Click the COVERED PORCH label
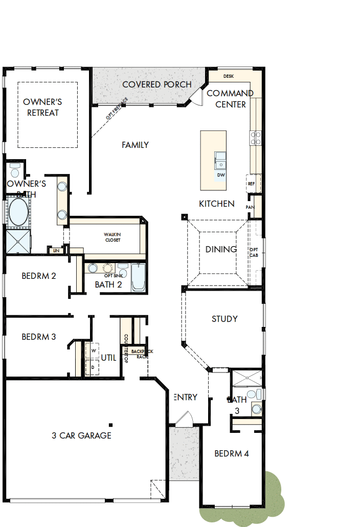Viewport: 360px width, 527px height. [x=157, y=84]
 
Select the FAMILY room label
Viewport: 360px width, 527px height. [x=135, y=145]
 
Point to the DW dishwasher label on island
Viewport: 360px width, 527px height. [x=221, y=175]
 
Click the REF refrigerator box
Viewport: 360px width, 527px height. [x=252, y=183]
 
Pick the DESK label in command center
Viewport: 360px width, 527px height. [x=229, y=76]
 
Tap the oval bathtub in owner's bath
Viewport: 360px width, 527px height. [x=18, y=212]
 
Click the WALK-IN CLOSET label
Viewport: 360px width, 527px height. [x=112, y=237]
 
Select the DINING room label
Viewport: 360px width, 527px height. [x=221, y=250]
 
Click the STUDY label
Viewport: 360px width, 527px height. [x=224, y=319]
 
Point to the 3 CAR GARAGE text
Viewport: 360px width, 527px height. [x=81, y=436]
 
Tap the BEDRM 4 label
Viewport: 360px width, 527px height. [x=232, y=453]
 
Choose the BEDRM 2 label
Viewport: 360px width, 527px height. [x=39, y=276]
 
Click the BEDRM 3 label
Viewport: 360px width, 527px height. [x=39, y=337]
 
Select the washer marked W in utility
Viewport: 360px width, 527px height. [x=94, y=350]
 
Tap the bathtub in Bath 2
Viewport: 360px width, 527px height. [x=139, y=278]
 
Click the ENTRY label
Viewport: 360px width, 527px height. [x=185, y=397]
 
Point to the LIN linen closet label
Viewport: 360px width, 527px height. [x=55, y=251]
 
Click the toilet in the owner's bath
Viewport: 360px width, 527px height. [x=15, y=170]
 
